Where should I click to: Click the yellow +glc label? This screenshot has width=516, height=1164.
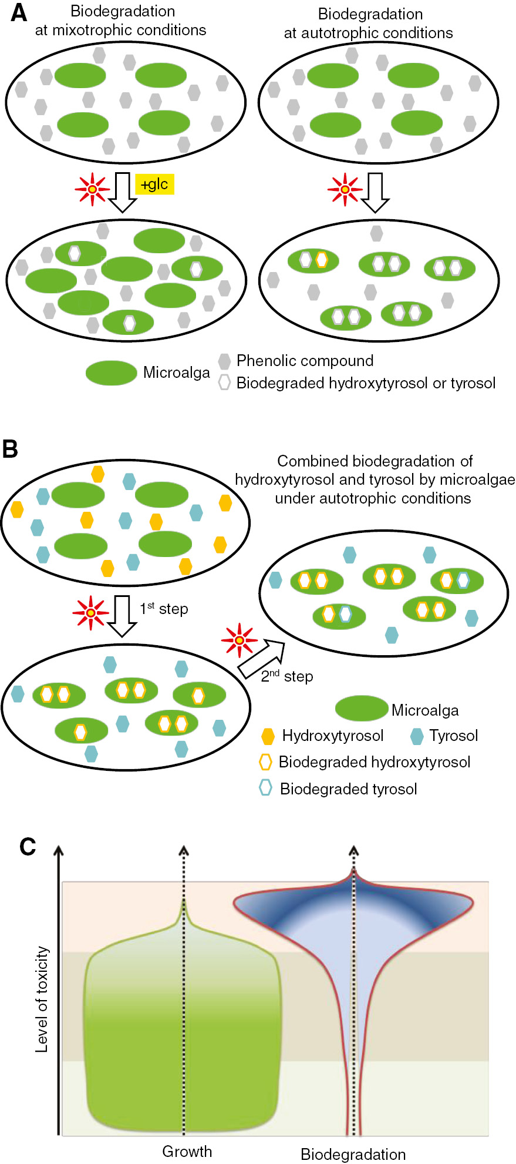[155, 184]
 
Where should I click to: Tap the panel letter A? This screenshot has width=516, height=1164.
[19, 13]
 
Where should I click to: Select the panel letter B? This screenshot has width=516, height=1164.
[11, 449]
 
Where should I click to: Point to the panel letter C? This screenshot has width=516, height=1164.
[28, 847]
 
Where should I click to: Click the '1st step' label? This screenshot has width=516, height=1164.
[164, 609]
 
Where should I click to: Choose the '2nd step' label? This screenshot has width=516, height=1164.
[287, 676]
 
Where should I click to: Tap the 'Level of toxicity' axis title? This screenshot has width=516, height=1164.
[42, 999]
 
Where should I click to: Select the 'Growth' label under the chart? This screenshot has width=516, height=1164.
[187, 1151]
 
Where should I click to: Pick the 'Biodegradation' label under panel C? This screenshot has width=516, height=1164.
[353, 1154]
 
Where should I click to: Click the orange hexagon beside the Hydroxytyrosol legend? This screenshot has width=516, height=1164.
[268, 736]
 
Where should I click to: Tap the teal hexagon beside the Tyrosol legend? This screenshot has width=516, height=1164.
[417, 736]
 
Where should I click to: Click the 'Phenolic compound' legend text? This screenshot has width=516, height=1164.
[305, 361]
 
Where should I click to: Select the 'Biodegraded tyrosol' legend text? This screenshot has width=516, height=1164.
[348, 789]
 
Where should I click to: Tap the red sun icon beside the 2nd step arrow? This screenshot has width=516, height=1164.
[239, 639]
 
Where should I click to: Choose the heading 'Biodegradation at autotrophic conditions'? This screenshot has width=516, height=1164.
[369, 24]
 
